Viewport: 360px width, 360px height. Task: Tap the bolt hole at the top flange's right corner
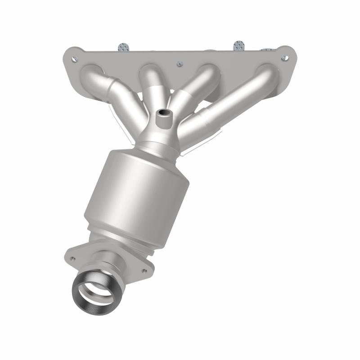(284, 58)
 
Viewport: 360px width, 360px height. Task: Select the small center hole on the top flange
(179, 63)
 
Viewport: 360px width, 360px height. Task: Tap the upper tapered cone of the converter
(157, 151)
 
